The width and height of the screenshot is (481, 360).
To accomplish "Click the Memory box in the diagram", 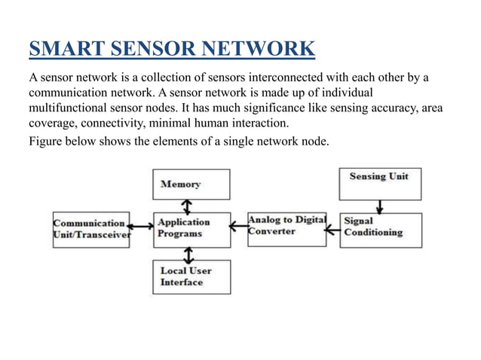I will point(191,185).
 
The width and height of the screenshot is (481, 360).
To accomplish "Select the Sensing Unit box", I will point(379,184).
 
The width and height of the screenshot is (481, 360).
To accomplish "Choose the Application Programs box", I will point(191,229).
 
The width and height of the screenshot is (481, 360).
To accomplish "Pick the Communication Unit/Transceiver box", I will point(90,229).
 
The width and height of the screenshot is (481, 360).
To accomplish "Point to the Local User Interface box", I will point(191,276).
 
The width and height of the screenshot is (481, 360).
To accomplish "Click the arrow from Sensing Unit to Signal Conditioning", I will point(380,206).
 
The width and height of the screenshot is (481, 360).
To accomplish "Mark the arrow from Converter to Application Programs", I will point(239,222).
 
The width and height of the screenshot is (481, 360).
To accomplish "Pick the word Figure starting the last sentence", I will point(44,141).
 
